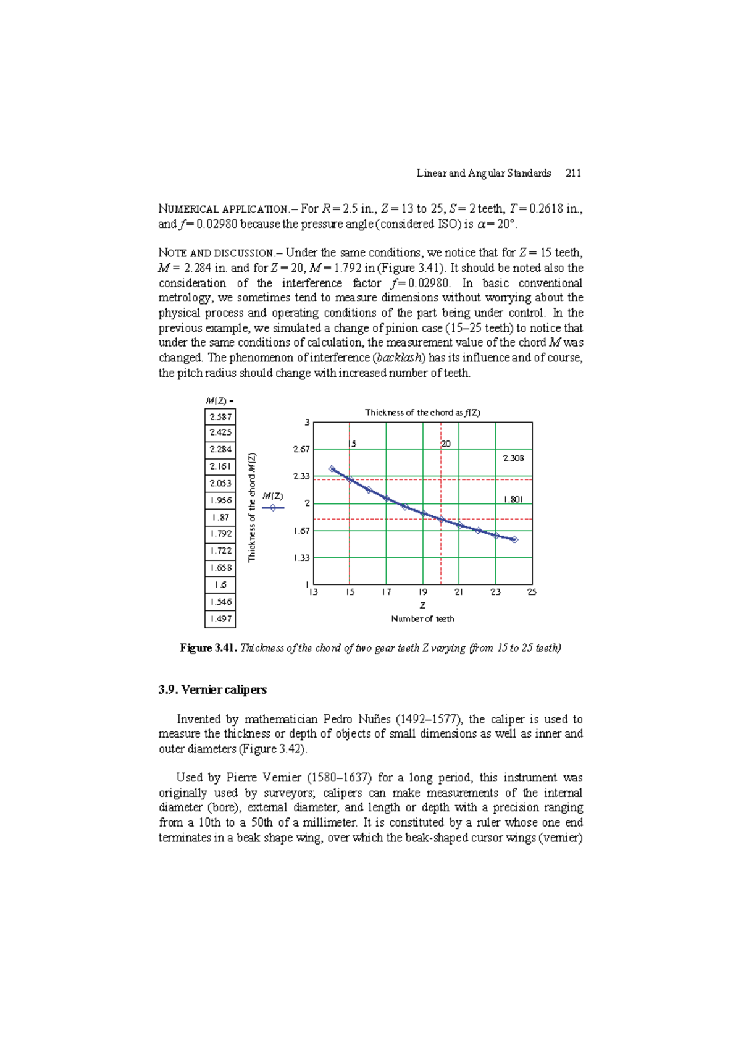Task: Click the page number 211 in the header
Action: (x=573, y=174)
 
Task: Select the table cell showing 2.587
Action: (x=220, y=417)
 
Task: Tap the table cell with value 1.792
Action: (x=220, y=534)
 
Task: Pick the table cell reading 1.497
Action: (x=220, y=619)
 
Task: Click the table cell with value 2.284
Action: (x=220, y=450)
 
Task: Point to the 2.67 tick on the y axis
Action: (x=301, y=450)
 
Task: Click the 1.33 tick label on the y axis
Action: (x=301, y=558)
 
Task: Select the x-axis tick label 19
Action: (x=422, y=592)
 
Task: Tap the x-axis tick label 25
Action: (x=532, y=592)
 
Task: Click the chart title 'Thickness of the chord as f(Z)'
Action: (x=422, y=413)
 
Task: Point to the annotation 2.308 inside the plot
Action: (x=513, y=458)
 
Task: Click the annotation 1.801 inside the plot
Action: (x=513, y=500)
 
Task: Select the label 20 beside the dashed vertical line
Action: (x=446, y=444)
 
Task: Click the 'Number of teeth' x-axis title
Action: (x=422, y=619)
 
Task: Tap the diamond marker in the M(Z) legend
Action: (x=273, y=508)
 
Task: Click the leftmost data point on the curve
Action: (x=332, y=469)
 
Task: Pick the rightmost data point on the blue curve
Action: (x=514, y=540)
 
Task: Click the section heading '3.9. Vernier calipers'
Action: (x=212, y=690)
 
